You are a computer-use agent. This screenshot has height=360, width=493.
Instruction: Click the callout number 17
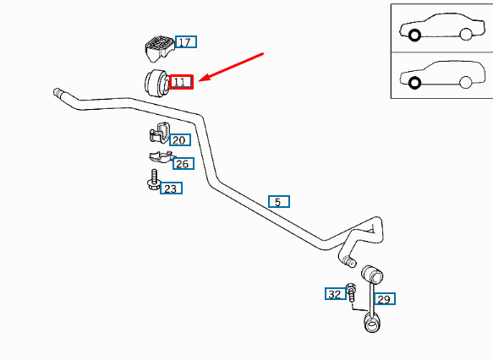(186, 42)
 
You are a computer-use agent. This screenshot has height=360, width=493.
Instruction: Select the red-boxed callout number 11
(181, 82)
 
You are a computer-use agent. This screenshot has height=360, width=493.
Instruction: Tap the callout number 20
(180, 139)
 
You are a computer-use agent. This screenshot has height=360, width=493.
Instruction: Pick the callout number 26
(184, 163)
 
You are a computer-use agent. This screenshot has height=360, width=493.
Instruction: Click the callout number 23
(171, 188)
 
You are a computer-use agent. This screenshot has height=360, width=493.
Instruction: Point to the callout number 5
(279, 201)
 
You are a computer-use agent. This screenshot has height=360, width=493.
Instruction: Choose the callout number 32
(336, 294)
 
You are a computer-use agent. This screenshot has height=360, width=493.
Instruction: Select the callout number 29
(385, 299)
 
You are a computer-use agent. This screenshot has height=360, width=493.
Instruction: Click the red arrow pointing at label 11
(231, 67)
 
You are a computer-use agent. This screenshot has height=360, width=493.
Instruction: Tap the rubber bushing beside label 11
(156, 82)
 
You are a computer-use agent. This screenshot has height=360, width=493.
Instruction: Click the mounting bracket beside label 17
(159, 48)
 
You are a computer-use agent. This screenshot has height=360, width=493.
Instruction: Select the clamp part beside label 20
(160, 133)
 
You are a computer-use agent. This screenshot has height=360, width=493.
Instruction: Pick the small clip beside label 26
(161, 156)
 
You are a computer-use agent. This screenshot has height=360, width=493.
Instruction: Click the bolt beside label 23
(154, 180)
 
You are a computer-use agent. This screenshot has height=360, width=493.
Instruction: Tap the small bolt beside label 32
(351, 292)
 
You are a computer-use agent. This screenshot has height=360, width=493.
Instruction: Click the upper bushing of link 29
(372, 274)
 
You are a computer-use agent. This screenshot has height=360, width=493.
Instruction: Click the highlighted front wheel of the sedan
(414, 35)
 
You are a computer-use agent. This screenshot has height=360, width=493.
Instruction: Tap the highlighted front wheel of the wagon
(414, 83)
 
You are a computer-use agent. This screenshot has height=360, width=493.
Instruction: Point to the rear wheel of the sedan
(466, 34)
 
